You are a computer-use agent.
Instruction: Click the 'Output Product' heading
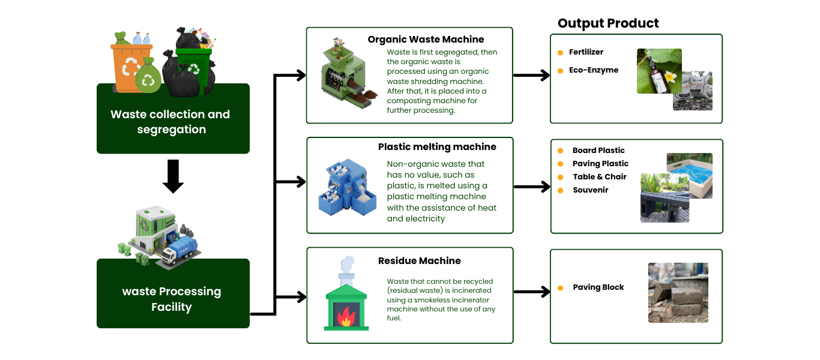coord(608,23)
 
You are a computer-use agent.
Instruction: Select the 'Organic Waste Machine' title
coord(426,39)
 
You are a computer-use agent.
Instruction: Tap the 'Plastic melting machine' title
coord(437,147)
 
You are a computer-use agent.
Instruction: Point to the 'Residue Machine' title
coord(419,260)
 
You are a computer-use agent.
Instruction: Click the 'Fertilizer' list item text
coord(586,52)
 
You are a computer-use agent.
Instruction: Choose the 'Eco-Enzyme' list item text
coord(594,70)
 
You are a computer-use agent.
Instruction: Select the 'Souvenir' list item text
coord(591,190)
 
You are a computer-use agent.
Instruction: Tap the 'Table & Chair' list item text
coord(600,177)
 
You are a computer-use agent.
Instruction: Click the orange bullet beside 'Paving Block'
coord(560,288)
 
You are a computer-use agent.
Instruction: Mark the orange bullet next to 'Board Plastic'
coord(560,151)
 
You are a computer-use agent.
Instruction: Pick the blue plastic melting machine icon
coord(347,187)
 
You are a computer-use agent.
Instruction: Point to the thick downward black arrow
coord(173,176)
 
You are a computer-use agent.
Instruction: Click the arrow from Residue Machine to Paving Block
coord(532,292)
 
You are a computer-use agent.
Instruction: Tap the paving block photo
coord(678,293)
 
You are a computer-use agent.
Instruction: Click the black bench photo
coord(665,198)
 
